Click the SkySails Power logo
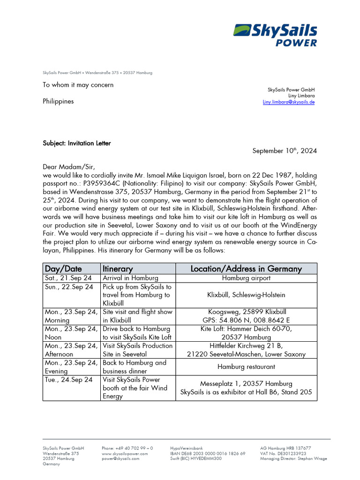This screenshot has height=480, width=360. (x=275, y=35)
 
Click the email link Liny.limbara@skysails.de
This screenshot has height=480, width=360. (x=288, y=102)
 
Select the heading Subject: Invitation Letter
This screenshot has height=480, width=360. (x=77, y=143)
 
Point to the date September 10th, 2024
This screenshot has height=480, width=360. (x=285, y=151)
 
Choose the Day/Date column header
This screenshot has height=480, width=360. (x=63, y=269)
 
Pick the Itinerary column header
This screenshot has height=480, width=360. (x=118, y=269)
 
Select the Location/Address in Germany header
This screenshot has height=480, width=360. (x=246, y=269)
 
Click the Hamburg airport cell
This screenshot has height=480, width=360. (x=246, y=278)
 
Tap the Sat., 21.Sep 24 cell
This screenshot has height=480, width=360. (x=68, y=278)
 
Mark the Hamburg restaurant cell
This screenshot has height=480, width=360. (x=246, y=367)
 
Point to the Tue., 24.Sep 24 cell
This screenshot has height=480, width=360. (x=68, y=380)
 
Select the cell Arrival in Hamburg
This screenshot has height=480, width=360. (x=130, y=278)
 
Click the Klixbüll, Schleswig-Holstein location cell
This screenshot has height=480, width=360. (x=246, y=295)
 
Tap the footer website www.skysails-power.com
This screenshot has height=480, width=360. (x=125, y=454)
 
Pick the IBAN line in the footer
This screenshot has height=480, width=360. (x=208, y=454)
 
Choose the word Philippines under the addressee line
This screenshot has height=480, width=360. (x=58, y=101)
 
